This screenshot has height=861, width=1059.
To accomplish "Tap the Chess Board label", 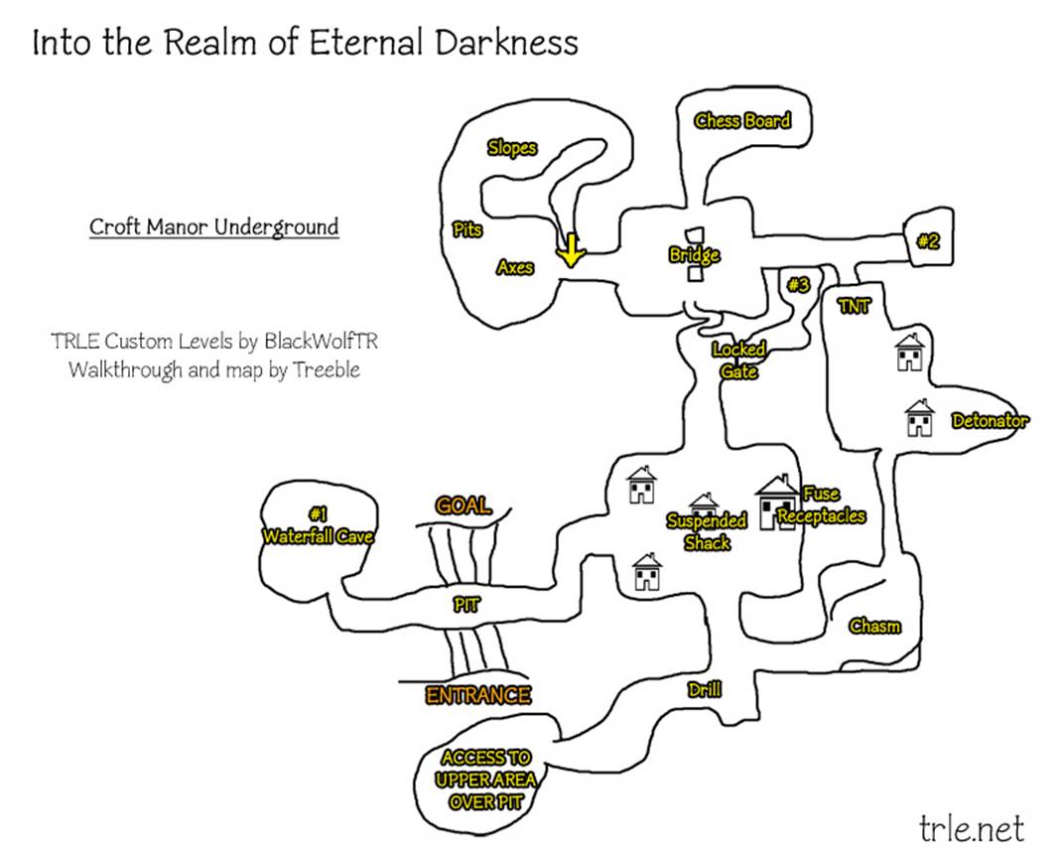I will [742, 121].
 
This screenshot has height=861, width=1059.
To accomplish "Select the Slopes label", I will [511, 148].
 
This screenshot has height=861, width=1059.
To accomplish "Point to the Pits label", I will [467, 229].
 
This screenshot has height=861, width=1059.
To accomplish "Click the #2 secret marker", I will [928, 239].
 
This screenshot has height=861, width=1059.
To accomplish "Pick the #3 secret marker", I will [798, 285].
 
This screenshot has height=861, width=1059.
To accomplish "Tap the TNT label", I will [854, 306].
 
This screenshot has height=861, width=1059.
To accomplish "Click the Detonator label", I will [990, 421].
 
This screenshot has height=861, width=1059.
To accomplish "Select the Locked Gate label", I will [739, 360].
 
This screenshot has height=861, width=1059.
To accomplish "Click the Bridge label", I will [694, 255].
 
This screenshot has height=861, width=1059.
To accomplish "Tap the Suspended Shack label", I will [707, 531].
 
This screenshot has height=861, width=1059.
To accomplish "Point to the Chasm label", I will [874, 626].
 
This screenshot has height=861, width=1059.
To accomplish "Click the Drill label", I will [704, 689].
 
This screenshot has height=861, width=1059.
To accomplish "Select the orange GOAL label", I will [463, 505].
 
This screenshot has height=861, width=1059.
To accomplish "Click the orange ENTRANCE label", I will [478, 695].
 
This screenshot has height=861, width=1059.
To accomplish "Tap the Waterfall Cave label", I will [318, 536].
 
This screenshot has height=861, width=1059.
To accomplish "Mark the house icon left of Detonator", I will [920, 418].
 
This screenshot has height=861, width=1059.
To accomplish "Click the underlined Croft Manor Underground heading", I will [213, 226].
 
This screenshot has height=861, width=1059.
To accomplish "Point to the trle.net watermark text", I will [971, 826].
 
